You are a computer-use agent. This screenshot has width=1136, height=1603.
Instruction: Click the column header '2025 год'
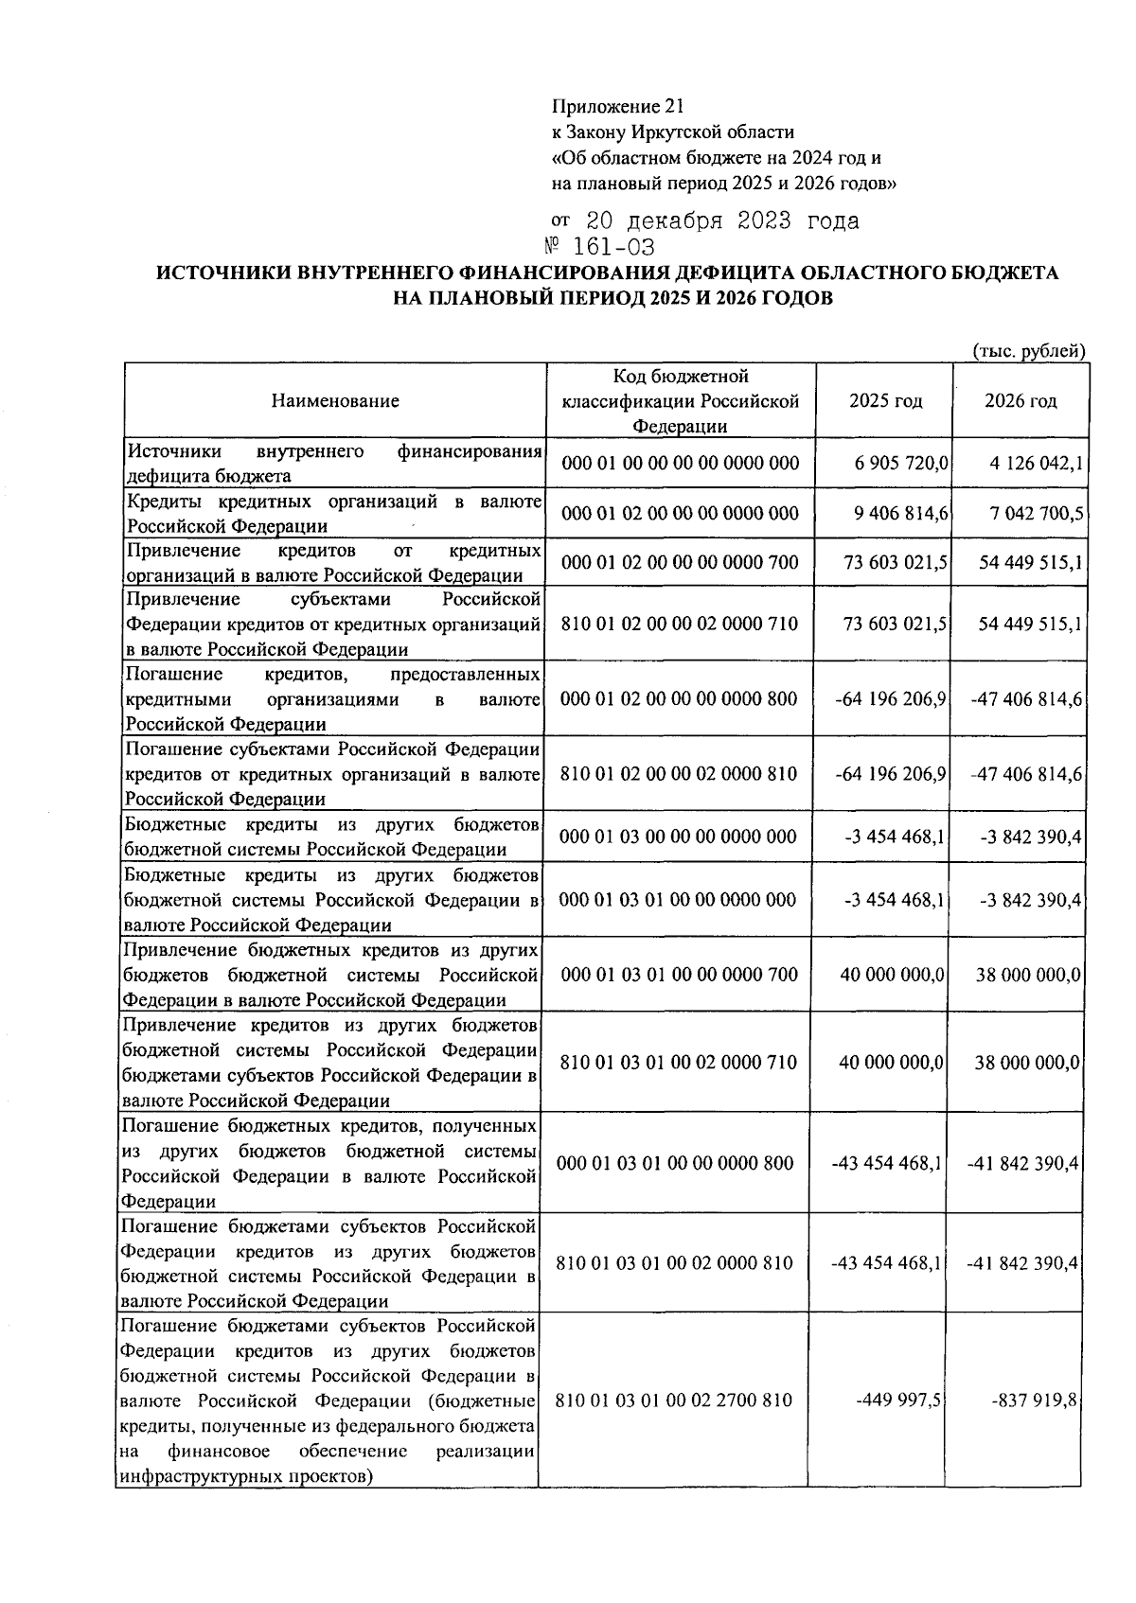[885, 400]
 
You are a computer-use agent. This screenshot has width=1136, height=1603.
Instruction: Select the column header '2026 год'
[1021, 400]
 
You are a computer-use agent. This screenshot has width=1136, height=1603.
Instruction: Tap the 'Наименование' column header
[335, 400]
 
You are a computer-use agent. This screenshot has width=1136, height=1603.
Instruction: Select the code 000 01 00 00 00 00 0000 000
[680, 464]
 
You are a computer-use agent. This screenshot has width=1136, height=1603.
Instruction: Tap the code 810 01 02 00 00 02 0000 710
[680, 624]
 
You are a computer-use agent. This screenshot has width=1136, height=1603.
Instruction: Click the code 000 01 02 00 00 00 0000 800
[680, 698]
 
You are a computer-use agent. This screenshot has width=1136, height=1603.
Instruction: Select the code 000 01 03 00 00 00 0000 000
[680, 837]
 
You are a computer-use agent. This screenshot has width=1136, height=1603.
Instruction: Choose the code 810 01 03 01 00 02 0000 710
[679, 1062]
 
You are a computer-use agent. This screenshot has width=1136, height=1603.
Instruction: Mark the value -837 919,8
[1034, 1400]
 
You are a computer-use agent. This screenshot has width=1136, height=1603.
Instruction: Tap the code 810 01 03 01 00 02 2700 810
[673, 1400]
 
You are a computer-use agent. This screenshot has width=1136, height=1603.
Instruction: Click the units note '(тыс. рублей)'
[1029, 351]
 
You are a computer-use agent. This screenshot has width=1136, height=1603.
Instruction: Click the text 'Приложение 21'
[616, 107]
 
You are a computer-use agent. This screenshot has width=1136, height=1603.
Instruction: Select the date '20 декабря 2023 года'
[722, 221]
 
